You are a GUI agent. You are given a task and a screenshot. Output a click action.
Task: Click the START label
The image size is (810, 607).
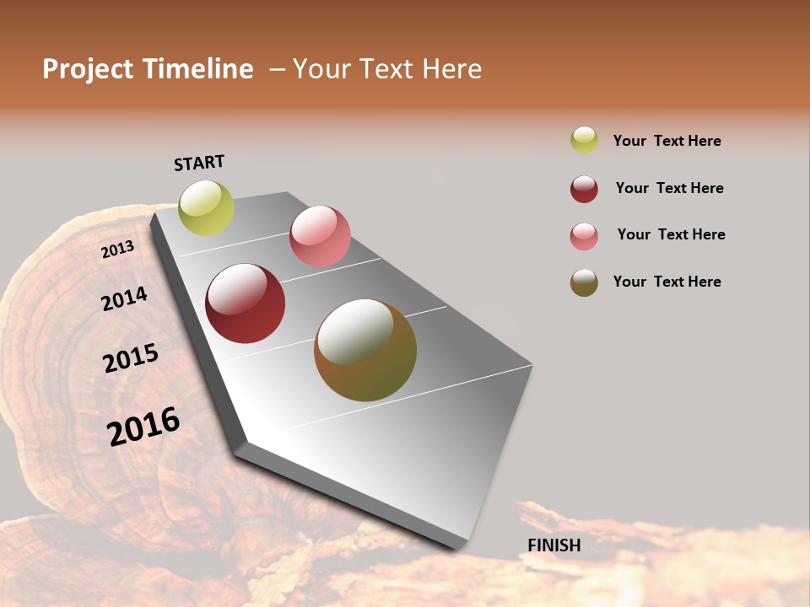[199, 163]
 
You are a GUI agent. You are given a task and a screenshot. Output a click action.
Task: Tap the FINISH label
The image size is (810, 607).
[554, 545]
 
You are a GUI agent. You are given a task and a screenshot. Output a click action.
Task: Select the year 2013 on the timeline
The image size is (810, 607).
[117, 250]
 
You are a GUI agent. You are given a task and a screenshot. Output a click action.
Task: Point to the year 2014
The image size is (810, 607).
[124, 298]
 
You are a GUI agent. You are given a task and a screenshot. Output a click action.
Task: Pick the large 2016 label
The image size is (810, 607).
[143, 427]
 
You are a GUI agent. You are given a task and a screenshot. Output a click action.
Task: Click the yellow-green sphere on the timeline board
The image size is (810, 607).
[206, 208]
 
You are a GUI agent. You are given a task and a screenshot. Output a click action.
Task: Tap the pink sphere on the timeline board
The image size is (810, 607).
[320, 236]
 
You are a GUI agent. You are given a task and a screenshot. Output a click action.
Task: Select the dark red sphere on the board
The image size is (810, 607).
[245, 303]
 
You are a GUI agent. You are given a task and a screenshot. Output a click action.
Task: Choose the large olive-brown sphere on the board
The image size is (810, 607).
[365, 350]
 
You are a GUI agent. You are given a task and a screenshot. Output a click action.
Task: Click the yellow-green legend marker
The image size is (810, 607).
[584, 140]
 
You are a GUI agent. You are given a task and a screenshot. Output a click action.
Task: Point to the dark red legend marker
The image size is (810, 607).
[584, 189]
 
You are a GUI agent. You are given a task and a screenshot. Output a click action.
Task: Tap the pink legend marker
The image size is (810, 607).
[584, 236]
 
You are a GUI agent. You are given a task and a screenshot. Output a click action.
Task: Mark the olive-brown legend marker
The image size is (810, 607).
[584, 282]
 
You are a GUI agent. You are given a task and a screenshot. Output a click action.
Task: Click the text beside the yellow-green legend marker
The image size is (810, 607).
[667, 141]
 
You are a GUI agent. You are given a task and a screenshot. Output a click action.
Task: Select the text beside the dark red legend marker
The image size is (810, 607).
[669, 188]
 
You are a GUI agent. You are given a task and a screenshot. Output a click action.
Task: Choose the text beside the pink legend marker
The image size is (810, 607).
[671, 234]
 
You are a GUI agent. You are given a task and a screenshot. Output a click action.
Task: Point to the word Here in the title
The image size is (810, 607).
[451, 69]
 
